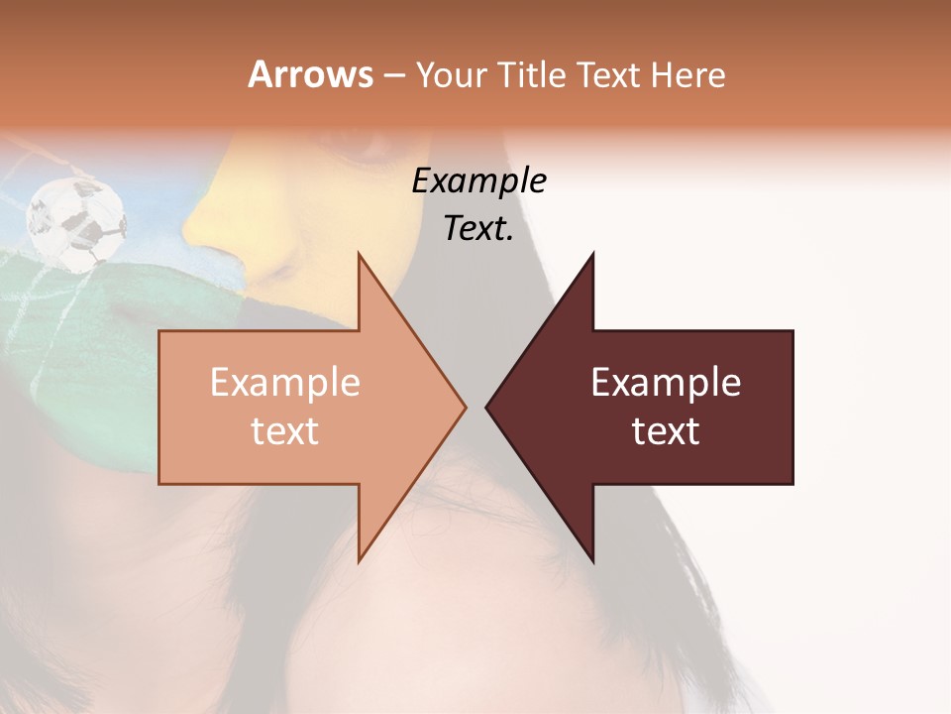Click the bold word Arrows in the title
(309, 74)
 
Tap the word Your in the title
(442, 75)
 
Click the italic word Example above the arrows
(478, 181)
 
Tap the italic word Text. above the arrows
(478, 229)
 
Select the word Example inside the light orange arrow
(285, 383)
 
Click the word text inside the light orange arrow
(285, 431)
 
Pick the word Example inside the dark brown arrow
(666, 383)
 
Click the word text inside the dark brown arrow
(666, 431)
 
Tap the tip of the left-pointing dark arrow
(487, 407)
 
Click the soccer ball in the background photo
(76, 222)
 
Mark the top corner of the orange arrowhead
(359, 256)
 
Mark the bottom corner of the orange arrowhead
(359, 559)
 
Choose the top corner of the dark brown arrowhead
(592, 256)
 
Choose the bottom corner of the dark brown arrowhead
(592, 559)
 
